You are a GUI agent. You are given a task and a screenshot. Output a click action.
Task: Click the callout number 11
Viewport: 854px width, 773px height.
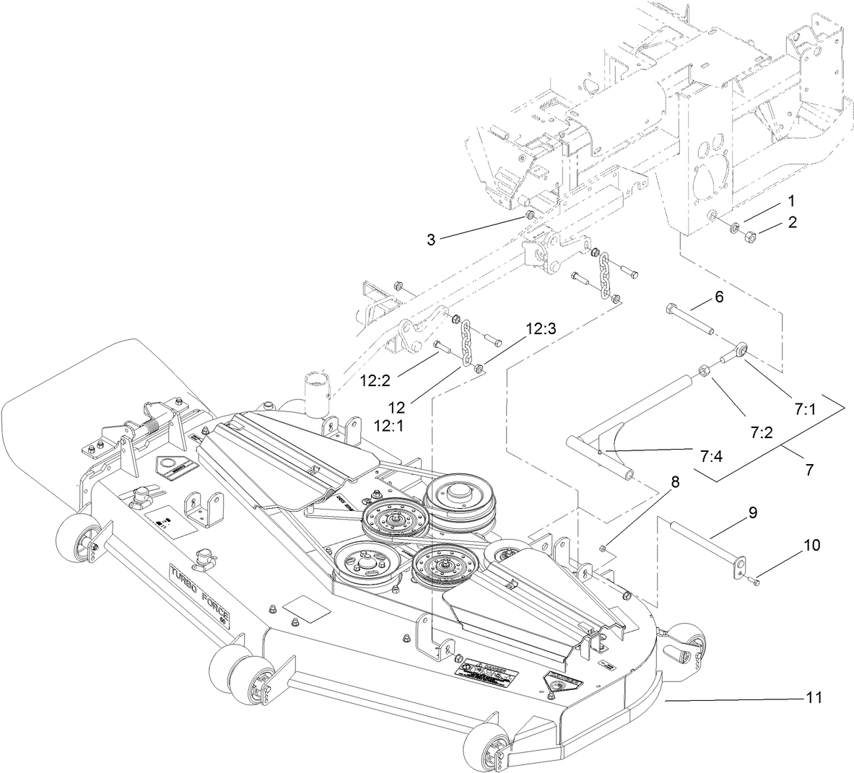(x=814, y=699)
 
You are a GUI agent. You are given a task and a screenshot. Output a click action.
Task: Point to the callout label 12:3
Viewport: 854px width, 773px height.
(x=541, y=328)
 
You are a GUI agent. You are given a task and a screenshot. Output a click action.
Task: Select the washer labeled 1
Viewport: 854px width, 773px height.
(x=733, y=229)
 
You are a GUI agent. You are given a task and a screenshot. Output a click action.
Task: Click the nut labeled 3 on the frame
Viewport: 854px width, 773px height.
(x=529, y=216)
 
